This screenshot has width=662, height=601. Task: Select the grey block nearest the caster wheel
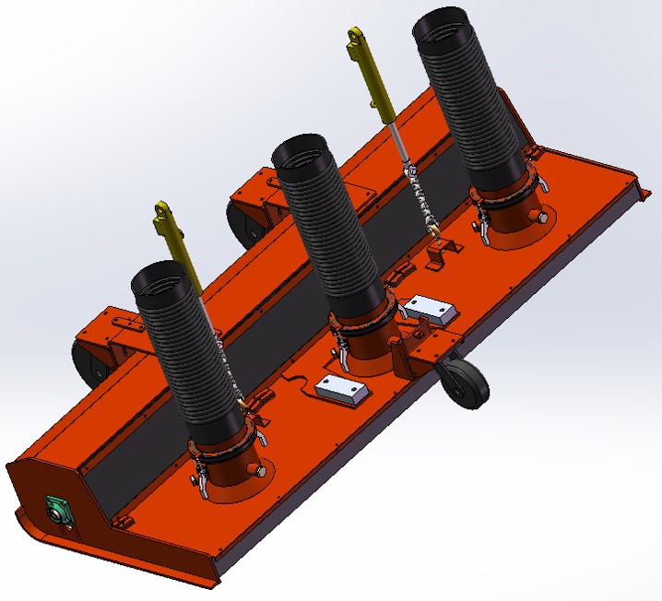430,309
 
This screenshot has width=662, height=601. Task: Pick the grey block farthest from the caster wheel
340,390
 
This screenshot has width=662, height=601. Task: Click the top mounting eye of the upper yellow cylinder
355,38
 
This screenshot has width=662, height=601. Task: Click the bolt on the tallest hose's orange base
540,218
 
